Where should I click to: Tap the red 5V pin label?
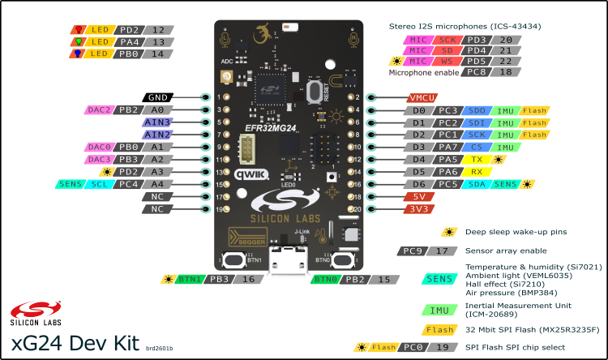click(x=418, y=196)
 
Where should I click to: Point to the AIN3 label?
click(x=157, y=122)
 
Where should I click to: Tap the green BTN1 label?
click(x=191, y=280)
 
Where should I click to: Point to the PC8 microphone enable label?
click(x=473, y=72)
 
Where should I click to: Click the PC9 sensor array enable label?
click(x=410, y=251)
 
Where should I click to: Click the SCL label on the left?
click(x=97, y=184)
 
